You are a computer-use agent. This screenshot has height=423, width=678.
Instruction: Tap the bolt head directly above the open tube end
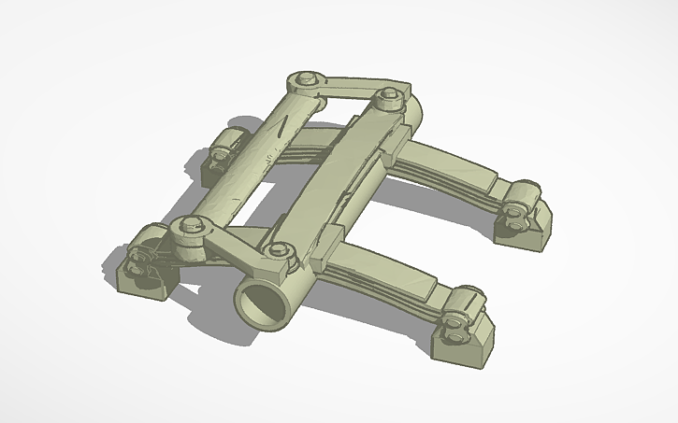pyautogui.click(x=280, y=252)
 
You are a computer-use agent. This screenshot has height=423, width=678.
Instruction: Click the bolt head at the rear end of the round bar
pyautogui.click(x=303, y=81)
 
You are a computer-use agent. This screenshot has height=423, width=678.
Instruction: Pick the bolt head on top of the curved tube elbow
pyautogui.click(x=389, y=95)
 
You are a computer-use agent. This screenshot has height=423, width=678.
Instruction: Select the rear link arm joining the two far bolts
pyautogui.click(x=346, y=87)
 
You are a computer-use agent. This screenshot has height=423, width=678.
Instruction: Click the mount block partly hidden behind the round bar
pyautogui.click(x=224, y=154)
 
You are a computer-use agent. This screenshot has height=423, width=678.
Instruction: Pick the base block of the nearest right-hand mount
pyautogui.click(x=466, y=346)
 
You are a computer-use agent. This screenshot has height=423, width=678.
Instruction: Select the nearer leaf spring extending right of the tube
pyautogui.click(x=393, y=271)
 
